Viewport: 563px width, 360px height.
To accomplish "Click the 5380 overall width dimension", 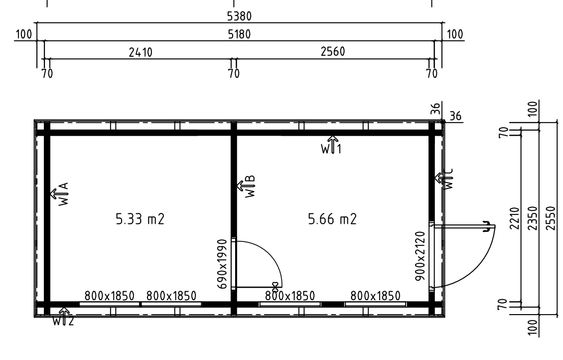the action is (239, 16).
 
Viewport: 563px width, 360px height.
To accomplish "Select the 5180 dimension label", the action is (239, 34).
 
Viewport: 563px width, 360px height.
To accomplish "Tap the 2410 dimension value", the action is (141, 52).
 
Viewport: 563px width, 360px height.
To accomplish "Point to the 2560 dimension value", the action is (332, 52).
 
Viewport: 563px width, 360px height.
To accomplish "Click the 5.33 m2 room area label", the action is (140, 219).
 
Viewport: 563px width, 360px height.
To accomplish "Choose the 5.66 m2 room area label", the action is (332, 219).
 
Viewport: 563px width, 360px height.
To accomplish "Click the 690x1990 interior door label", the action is (223, 264).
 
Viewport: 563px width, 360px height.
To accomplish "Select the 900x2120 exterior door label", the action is (420, 256).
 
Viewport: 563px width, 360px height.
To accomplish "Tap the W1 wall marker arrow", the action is (331, 145).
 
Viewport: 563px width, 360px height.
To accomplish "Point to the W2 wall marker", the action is (63, 317).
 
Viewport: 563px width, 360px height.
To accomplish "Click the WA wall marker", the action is (60, 194).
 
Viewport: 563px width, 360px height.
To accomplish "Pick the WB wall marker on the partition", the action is (246, 186).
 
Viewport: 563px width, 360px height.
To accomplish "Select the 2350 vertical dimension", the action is (534, 218).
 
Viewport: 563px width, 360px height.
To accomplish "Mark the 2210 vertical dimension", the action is (515, 218).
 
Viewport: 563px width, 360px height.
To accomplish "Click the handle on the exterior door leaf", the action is (486, 227).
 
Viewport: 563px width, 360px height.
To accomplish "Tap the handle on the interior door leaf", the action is (276, 287).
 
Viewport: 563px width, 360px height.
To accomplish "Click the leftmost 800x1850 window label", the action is (110, 296).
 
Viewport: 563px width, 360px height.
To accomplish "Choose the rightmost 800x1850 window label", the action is (375, 296).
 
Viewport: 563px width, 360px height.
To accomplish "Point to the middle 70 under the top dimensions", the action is (234, 74).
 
